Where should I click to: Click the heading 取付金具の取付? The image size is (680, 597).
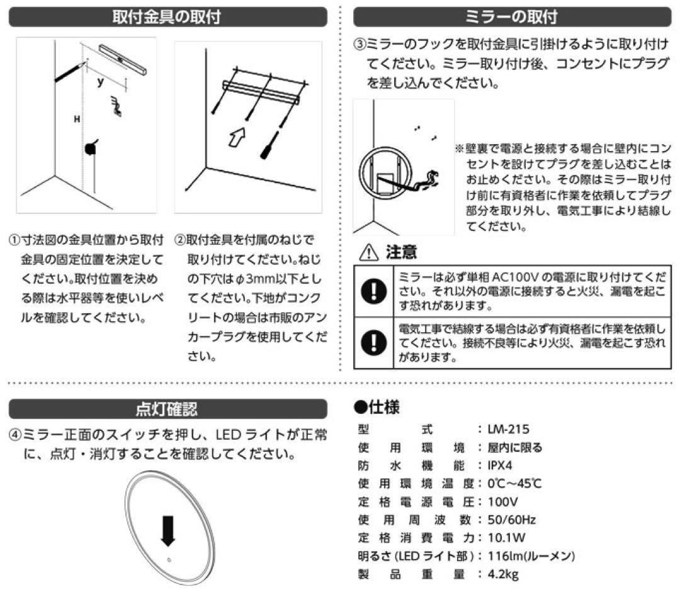pyautogui.click(x=167, y=16)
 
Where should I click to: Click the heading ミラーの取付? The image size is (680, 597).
pyautogui.click(x=511, y=16)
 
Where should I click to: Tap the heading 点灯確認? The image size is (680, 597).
pyautogui.click(x=167, y=410)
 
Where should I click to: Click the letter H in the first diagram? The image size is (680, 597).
pyautogui.click(x=76, y=119)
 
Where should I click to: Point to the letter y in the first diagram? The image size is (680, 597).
pyautogui.click(x=100, y=82)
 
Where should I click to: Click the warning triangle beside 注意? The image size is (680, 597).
pyautogui.click(x=366, y=254)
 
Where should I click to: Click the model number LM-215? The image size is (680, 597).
pyautogui.click(x=508, y=430)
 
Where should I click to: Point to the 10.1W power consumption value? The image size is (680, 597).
pyautogui.click(x=507, y=538)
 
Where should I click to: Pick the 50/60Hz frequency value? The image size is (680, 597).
pyautogui.click(x=511, y=520)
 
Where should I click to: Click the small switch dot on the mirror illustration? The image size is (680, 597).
pyautogui.click(x=169, y=560)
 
